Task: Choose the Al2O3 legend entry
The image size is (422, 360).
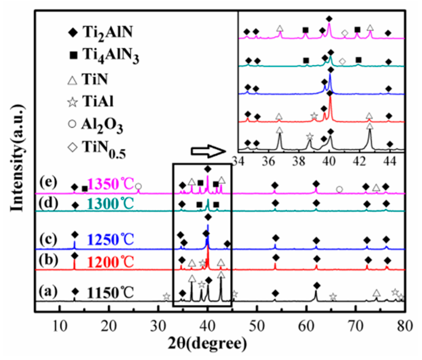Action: click(96, 124)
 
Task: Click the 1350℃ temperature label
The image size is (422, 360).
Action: click(111, 184)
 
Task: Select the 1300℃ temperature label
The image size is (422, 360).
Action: click(111, 204)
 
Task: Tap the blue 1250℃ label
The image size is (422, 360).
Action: click(111, 240)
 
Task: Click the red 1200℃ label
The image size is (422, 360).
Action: click(111, 262)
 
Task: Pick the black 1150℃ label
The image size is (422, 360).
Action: click(111, 293)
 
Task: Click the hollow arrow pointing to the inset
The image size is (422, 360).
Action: click(208, 152)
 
